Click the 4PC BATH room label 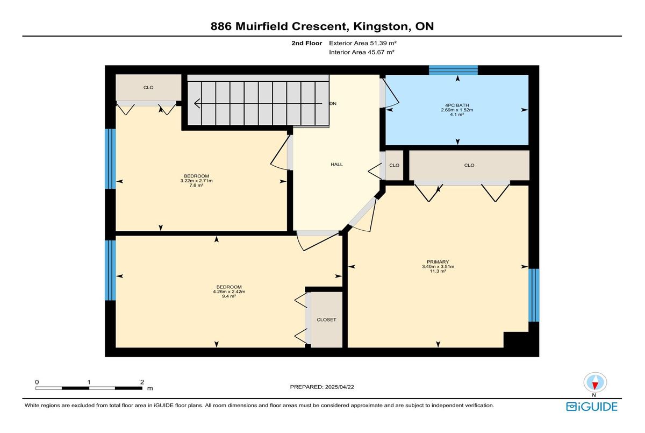pyautogui.click(x=457, y=105)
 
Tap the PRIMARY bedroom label pyautogui.click(x=438, y=262)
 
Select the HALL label pyautogui.click(x=336, y=165)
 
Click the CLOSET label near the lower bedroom pyautogui.click(x=326, y=320)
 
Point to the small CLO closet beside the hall pyautogui.click(x=394, y=165)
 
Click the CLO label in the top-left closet pyautogui.click(x=148, y=88)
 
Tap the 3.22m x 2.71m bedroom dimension pyautogui.click(x=196, y=181)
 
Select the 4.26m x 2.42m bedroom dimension pyautogui.click(x=229, y=292)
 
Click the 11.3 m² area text pyautogui.click(x=438, y=271)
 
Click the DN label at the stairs pyautogui.click(x=333, y=103)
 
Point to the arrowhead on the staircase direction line pyautogui.click(x=197, y=103)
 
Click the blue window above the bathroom pyautogui.click(x=453, y=70)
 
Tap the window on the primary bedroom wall pyautogui.click(x=534, y=295)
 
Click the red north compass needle pyautogui.click(x=595, y=386)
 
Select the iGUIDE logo pyautogui.click(x=592, y=407)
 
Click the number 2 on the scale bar pyautogui.click(x=142, y=382)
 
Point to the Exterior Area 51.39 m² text pyautogui.click(x=363, y=43)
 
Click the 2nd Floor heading pyautogui.click(x=307, y=43)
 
